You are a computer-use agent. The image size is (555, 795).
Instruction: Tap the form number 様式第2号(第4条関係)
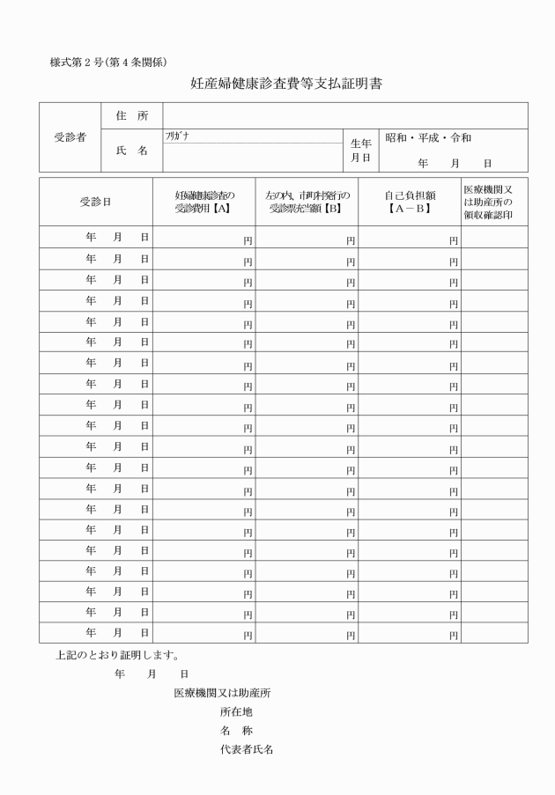108,62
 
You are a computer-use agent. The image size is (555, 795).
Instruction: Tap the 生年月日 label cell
361,151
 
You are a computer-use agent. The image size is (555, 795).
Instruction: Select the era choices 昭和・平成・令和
428,138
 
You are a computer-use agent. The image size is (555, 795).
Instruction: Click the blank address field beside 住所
344,116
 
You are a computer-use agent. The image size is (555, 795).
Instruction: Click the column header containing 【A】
203,202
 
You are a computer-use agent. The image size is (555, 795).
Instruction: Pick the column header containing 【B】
307,202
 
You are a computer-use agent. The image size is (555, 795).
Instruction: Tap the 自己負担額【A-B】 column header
410,202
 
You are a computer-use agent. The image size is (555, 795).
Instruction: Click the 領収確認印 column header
494,202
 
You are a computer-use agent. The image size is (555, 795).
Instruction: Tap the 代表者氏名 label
248,750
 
